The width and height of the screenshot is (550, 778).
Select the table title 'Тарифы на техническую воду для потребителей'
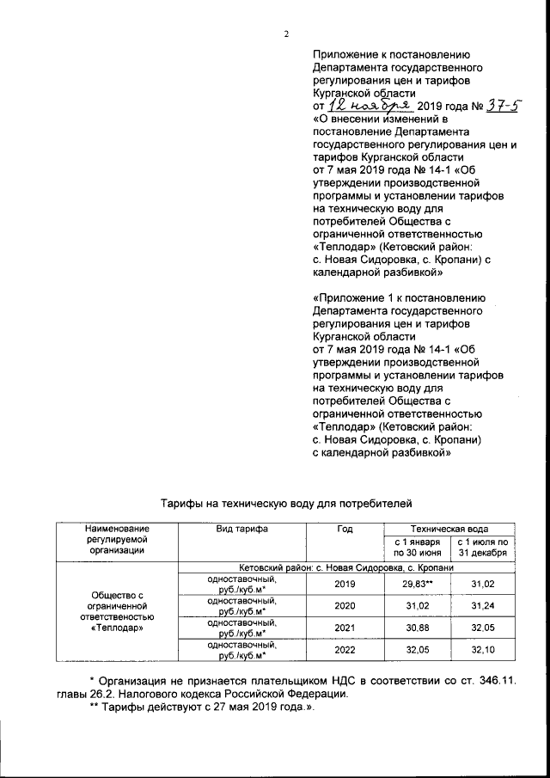pyautogui.click(x=288, y=500)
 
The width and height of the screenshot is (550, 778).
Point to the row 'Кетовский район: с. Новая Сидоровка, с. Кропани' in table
pyautogui.click(x=345, y=567)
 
